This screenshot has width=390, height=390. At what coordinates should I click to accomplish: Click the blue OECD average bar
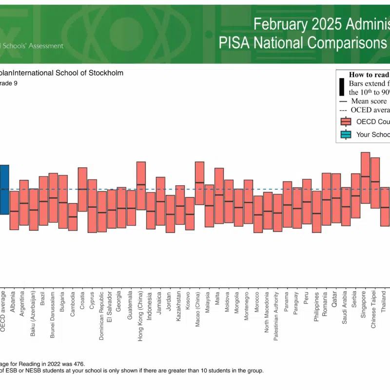pos(4,189)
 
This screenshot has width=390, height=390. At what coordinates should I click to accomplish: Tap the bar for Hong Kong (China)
pos(141,186)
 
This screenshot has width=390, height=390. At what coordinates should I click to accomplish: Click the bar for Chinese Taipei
pos(375,183)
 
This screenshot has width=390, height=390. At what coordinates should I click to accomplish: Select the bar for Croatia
pos(82,189)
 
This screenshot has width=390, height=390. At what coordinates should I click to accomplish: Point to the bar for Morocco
pos(258,214)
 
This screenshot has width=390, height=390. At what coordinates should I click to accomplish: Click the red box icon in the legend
pos(346,121)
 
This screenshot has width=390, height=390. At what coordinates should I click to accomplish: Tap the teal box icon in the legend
pos(346,135)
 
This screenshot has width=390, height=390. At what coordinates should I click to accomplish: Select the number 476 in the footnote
pos(78,363)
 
